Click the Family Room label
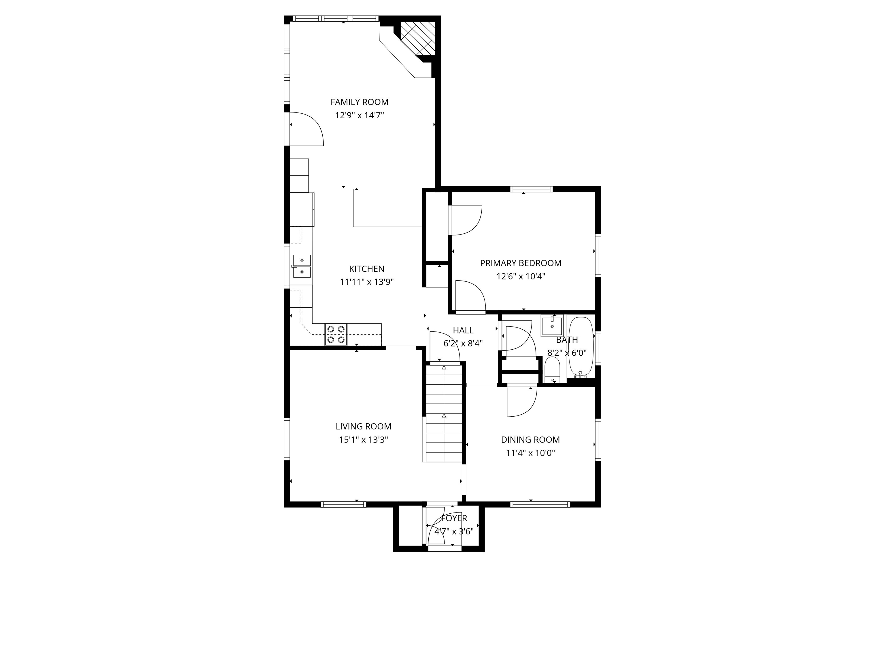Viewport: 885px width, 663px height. coord(359,102)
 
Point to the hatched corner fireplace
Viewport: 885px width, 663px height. coord(418,38)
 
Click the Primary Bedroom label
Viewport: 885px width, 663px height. coord(521,263)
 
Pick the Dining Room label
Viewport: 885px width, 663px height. coord(530,440)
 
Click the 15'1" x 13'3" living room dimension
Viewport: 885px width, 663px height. coord(363,440)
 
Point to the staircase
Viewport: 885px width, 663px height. coord(444,414)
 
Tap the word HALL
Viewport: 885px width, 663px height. coord(463,330)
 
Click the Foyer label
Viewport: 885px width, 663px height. coord(454,518)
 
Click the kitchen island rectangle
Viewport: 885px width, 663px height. coord(387,208)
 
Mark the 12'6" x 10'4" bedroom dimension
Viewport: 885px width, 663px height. coord(521,277)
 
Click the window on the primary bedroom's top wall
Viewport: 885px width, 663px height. coord(531,189)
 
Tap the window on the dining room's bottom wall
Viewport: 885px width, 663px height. coord(540,504)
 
